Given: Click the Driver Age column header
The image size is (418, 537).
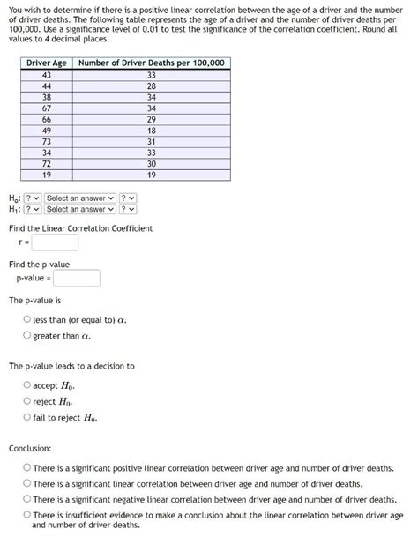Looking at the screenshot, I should [47, 63].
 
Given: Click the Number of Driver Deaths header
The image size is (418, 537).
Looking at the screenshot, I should [152, 63].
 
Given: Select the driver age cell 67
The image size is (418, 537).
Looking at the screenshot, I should [47, 108].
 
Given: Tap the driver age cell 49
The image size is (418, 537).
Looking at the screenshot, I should [47, 131].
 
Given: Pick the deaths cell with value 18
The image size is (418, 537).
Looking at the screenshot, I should [152, 131].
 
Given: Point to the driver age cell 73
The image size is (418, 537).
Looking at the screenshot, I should [47, 142].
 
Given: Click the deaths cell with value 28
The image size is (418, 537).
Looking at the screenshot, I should [152, 86].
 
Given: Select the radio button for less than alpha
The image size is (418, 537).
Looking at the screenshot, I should [27, 319].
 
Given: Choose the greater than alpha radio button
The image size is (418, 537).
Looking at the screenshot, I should [27, 335].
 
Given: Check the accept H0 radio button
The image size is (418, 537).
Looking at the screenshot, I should [27, 385].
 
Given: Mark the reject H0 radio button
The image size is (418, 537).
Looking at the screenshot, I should [27, 401].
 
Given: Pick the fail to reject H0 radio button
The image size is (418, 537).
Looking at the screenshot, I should [27, 417].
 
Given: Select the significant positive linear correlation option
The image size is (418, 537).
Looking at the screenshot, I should [27, 468].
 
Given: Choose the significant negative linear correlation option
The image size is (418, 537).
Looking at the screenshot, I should [27, 499].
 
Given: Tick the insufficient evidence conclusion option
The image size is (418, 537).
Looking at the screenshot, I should [27, 515].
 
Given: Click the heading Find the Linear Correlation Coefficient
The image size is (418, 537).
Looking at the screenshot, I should [80, 228].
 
